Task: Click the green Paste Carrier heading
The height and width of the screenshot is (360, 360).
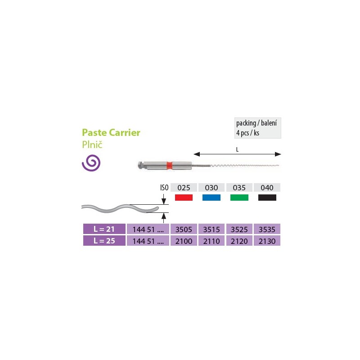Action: [x=111, y=132]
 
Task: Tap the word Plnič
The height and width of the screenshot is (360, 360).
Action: [x=92, y=144]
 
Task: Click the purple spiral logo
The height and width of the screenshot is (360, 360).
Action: [x=91, y=163]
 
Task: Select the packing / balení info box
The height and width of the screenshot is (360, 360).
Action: [x=257, y=128]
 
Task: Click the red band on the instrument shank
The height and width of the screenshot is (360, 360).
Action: [x=170, y=165]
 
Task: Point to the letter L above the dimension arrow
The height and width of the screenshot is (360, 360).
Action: [x=238, y=150]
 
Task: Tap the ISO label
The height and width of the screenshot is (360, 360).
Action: [x=164, y=188]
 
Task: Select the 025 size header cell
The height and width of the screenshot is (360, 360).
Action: [x=184, y=188]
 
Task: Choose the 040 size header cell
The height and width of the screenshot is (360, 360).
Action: [x=267, y=188]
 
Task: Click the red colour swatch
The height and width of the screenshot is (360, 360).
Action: [x=184, y=198]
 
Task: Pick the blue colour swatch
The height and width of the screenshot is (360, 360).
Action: [x=211, y=198]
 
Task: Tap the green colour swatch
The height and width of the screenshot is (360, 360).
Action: [x=239, y=198]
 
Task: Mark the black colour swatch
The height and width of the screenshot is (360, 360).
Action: [x=267, y=198]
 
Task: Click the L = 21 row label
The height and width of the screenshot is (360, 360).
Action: [x=104, y=229]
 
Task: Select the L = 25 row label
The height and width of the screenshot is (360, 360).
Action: [x=104, y=241]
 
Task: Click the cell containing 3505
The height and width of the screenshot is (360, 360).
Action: [x=184, y=229]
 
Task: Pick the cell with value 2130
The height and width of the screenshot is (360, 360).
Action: [x=267, y=241]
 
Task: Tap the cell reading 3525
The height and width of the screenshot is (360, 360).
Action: [x=239, y=229]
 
